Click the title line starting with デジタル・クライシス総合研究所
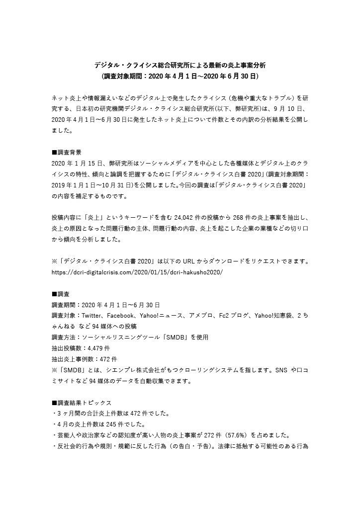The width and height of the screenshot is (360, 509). pyautogui.click(x=180, y=65)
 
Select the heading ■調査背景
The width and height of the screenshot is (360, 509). pyautogui.click(x=67, y=152)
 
